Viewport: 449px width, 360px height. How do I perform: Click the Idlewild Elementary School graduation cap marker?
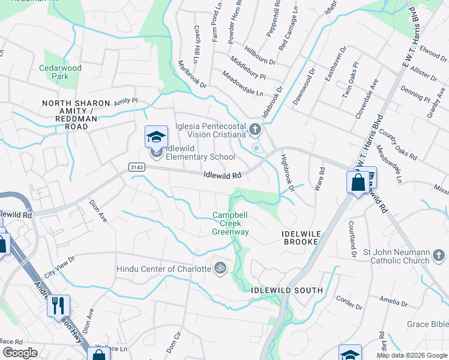coord(156,137)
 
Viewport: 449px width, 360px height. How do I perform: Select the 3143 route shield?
coord(135,169)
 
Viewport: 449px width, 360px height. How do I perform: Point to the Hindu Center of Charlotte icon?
coord(220,268)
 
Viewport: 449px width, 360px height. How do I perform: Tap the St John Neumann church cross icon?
coord(439,256)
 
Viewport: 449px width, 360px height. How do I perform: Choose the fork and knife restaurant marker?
coord(58,305)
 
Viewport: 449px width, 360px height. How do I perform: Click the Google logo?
coord(20,352)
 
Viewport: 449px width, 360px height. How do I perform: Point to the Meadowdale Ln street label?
coord(243,84)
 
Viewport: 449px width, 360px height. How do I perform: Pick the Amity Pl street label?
coord(126,101)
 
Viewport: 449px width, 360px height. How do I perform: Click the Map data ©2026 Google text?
coord(412,355)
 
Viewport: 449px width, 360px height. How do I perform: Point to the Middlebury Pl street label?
coord(248,72)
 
